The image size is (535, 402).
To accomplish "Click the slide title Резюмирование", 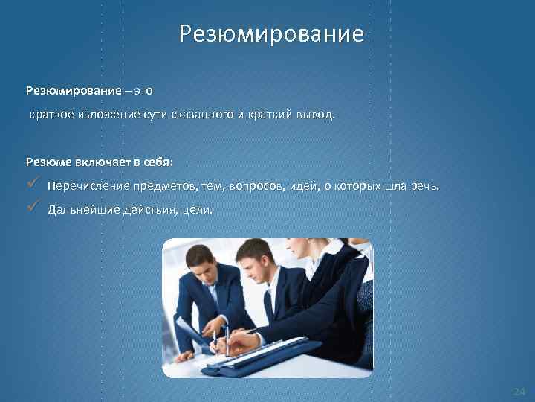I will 271,34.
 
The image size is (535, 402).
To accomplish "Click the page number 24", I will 519,391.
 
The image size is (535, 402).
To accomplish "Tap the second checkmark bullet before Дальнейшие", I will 31,208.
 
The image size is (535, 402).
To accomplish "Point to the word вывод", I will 319,116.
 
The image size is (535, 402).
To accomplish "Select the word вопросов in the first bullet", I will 256,185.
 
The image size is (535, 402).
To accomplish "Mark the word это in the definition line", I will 143,91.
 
